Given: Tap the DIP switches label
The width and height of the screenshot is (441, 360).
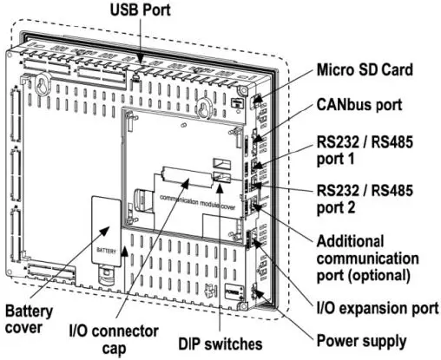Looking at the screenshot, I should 220,344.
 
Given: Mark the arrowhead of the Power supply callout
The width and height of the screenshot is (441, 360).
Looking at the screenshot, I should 259,296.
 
